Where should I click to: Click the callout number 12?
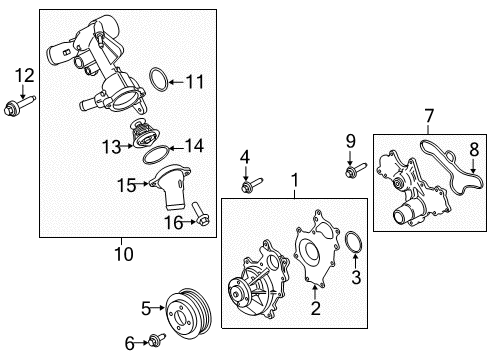click(x=24, y=74)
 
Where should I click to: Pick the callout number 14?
click(x=193, y=146)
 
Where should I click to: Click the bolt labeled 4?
click(x=250, y=184)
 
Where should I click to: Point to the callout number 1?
click(x=294, y=180)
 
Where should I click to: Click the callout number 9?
click(x=350, y=140)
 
